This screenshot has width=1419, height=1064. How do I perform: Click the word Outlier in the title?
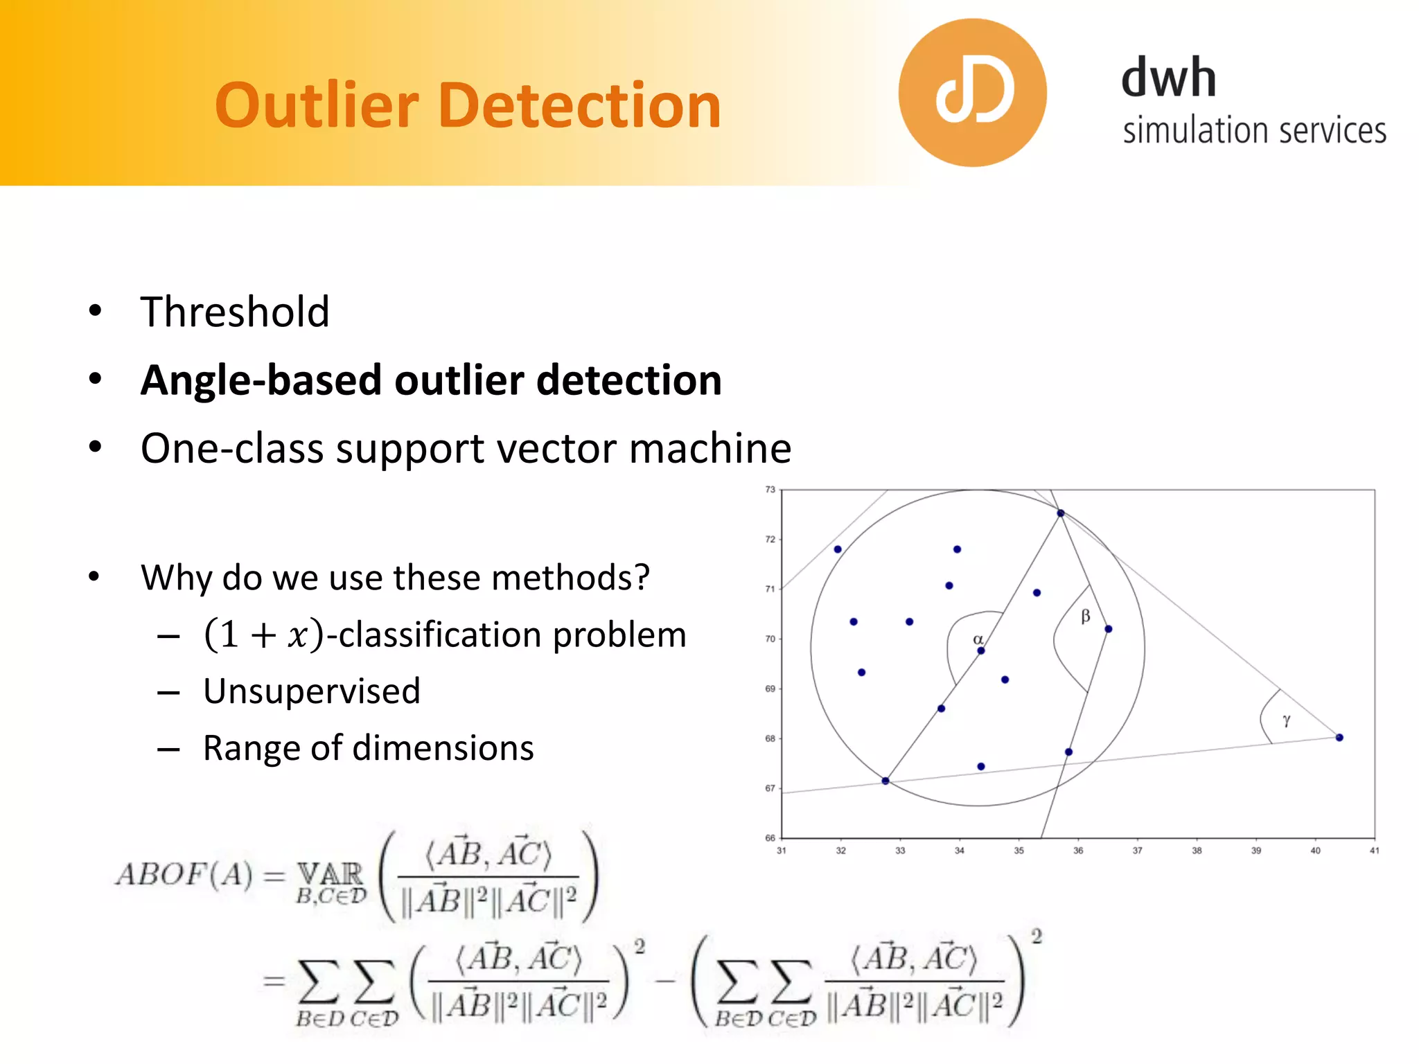[x=317, y=105]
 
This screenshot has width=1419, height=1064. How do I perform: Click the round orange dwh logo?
[x=972, y=93]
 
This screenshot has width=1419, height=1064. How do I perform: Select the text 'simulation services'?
[x=1254, y=131]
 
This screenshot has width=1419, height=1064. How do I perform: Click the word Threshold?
[x=235, y=312]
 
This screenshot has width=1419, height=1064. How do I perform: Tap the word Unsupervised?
[x=312, y=691]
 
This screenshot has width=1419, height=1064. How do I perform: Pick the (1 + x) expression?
[x=263, y=635]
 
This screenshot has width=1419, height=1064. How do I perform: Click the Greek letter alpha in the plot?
[x=978, y=639]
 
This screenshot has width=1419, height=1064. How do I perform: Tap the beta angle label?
[x=1085, y=616]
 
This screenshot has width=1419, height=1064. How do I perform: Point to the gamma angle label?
[x=1286, y=721]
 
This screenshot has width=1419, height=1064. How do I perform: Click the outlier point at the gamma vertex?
[x=1339, y=738]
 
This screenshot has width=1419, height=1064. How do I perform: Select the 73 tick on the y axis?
[x=770, y=490]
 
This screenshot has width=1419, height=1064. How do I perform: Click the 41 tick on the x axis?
[x=1374, y=851]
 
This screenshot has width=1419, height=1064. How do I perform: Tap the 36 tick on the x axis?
[x=1078, y=851]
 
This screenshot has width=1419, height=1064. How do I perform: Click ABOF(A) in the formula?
[x=184, y=875]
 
